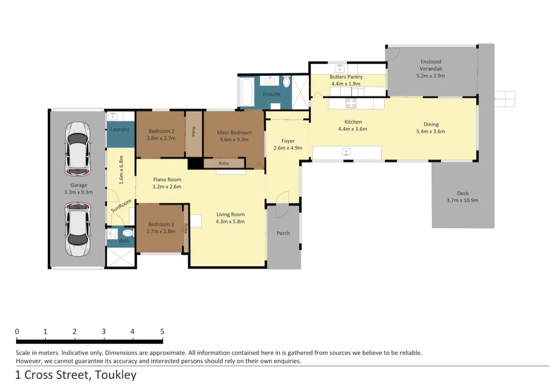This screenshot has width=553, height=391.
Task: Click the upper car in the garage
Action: click(x=78, y=149)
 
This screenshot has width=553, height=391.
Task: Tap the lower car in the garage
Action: click(x=78, y=230)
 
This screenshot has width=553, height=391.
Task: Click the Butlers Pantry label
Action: click(x=346, y=77)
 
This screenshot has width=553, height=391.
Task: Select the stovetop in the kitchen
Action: click(x=351, y=103)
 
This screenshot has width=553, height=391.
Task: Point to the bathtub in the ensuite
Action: click(x=246, y=92)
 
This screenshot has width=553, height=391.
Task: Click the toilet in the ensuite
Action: click(x=286, y=81)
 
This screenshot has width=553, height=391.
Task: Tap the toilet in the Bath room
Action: click(x=128, y=233)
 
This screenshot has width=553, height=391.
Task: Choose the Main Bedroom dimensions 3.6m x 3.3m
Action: click(x=234, y=140)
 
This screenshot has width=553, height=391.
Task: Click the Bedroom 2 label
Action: click(x=162, y=131)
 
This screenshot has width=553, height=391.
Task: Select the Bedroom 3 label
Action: click(x=161, y=224)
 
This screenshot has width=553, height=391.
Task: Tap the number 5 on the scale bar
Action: click(x=162, y=331)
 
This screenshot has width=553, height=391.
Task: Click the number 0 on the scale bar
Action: click(x=17, y=331)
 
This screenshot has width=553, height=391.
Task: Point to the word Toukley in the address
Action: click(x=115, y=375)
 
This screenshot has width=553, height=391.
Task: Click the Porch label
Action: click(x=283, y=233)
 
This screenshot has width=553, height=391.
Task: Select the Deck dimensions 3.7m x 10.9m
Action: click(x=463, y=201)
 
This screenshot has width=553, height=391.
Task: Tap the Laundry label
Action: click(x=120, y=129)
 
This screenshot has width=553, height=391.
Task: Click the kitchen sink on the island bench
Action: click(x=346, y=152)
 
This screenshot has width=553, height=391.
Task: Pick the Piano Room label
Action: click(x=167, y=179)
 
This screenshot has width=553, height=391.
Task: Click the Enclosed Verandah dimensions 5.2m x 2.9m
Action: click(x=431, y=76)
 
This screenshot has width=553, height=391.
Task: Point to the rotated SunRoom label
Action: click(x=121, y=206)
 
